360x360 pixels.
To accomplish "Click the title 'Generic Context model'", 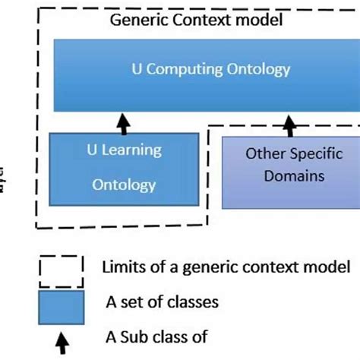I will coord(196,21).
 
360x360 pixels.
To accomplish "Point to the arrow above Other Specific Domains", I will coord(289,122).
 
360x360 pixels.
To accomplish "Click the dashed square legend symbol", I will coord(61,268).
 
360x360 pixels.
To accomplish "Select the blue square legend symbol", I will coord(61,305).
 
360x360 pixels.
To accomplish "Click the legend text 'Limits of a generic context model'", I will coord(226,267).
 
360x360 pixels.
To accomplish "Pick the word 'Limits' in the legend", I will coord(122,267).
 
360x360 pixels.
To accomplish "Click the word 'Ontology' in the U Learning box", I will coord(124,184).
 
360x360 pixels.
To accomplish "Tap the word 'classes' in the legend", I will coord(193,302).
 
